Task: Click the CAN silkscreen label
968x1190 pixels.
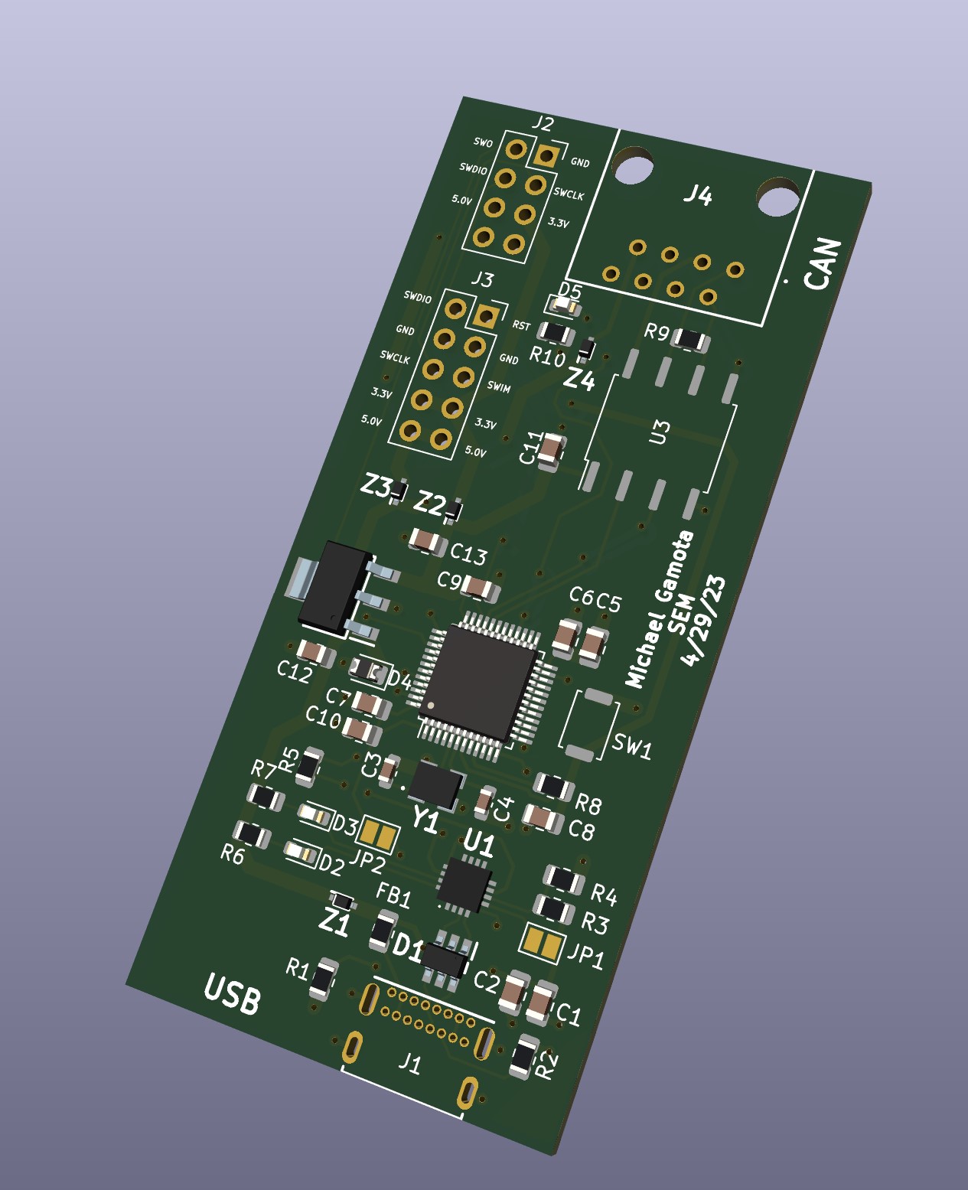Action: (x=822, y=264)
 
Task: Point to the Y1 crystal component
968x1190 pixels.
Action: (x=435, y=784)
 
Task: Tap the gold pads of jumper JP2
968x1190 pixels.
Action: (x=380, y=835)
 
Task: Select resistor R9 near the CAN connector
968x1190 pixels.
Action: (x=691, y=340)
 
